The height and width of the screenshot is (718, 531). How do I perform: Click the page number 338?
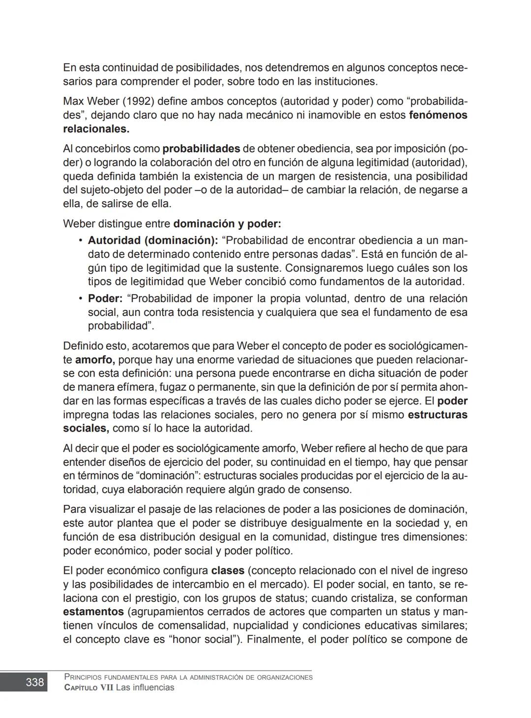pyautogui.click(x=34, y=682)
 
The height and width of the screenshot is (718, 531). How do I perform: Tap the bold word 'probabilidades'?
pyautogui.click(x=201, y=149)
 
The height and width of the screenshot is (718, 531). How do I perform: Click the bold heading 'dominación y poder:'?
pyautogui.click(x=227, y=224)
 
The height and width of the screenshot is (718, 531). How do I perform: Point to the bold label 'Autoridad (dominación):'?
pyautogui.click(x=152, y=241)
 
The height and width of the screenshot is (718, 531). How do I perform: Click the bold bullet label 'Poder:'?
pyautogui.click(x=105, y=299)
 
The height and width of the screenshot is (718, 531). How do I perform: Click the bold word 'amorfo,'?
pyautogui.click(x=95, y=360)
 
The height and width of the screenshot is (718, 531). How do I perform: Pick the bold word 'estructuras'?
pyautogui.click(x=437, y=415)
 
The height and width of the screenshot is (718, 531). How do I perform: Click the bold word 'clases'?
pyautogui.click(x=228, y=571)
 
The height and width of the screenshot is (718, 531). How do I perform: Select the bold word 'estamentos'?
pyautogui.click(x=93, y=612)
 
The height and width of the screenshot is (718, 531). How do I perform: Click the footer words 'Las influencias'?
pyautogui.click(x=145, y=688)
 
